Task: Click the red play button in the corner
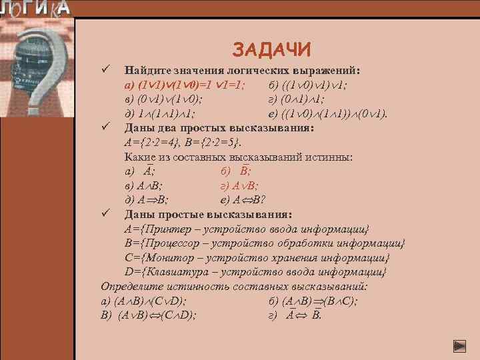pos(459,346)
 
